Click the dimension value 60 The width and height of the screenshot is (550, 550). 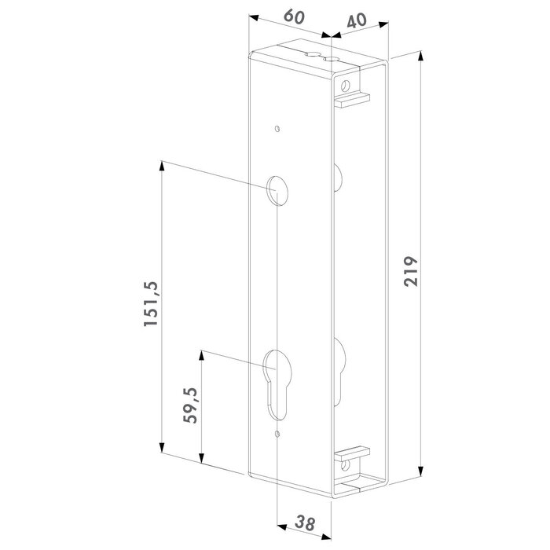pos(293,16)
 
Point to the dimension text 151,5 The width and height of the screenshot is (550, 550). pos(152,306)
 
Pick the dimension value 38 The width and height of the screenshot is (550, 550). pos(306,522)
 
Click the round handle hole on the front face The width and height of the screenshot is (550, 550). pos(277,189)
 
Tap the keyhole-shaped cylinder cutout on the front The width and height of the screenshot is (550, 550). pos(277,376)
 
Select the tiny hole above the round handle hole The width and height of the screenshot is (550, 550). pos(277,130)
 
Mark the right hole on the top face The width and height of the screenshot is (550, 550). pos(333,60)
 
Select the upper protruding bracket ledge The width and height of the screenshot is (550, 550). pos(353,99)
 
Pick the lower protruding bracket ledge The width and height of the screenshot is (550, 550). pos(353,453)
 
